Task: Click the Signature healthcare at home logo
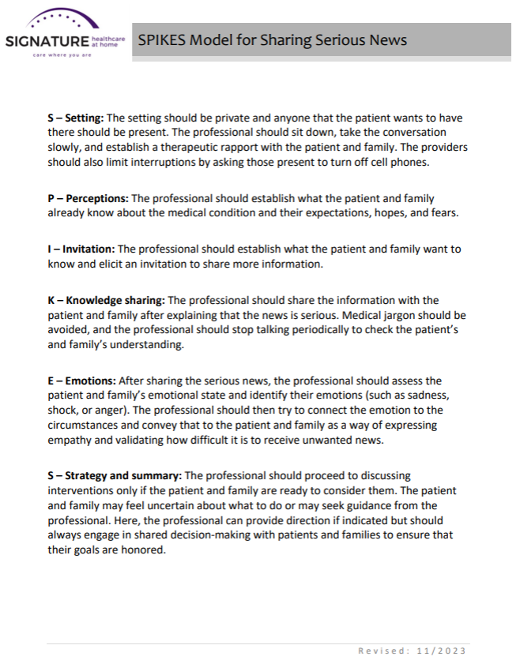[x=63, y=36]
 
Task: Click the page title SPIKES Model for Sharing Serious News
[x=273, y=39]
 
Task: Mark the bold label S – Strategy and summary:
[x=115, y=475]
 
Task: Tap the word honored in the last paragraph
[x=142, y=550]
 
